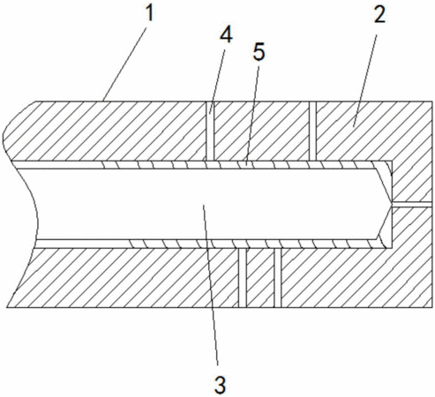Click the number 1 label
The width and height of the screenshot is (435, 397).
point(150,14)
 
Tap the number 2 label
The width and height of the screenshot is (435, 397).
point(379,15)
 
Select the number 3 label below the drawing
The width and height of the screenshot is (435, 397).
point(221,386)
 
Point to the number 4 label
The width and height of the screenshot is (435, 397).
point(226,35)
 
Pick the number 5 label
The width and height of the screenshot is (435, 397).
point(259,52)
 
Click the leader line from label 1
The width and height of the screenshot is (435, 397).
point(124,64)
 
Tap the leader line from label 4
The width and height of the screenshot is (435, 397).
point(217,81)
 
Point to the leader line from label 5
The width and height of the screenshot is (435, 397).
point(252,115)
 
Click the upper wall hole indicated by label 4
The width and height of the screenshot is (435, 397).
point(209,131)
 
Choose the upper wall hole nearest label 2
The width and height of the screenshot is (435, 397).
point(312,131)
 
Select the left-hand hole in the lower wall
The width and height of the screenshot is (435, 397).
point(243,278)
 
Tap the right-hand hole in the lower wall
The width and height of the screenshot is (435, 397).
point(278,278)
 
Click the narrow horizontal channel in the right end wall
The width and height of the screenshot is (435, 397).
point(412,205)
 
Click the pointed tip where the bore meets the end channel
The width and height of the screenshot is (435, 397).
point(392,205)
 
